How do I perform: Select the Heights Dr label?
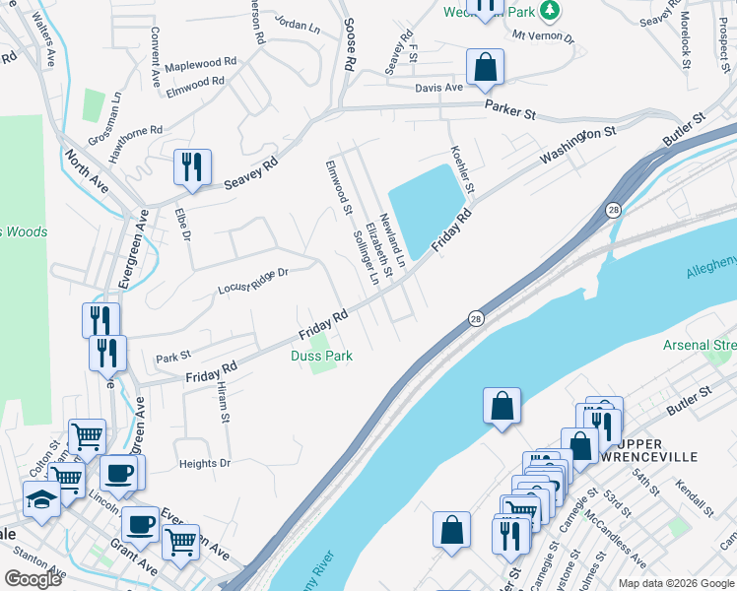204,463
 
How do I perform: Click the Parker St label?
509,113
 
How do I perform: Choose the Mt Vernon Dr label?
542,34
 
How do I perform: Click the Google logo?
33,579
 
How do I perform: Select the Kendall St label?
693,497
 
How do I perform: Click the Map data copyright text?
677,583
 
